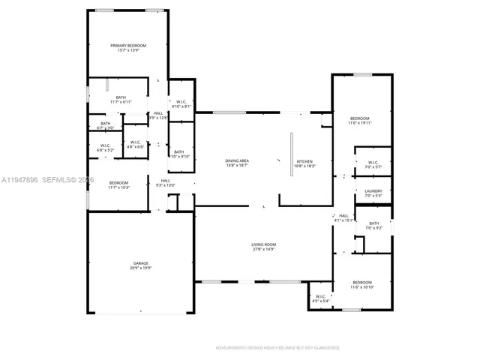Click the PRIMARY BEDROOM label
[x=128, y=46]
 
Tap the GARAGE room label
[x=140, y=262]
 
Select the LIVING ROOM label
[x=263, y=244]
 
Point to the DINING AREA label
[x=237, y=160]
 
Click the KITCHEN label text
[x=305, y=161]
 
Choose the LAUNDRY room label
[x=373, y=191]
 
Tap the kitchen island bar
[x=292, y=154]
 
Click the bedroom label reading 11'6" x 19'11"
[x=360, y=121]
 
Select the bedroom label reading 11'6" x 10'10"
[x=361, y=285]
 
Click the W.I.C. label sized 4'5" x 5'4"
[x=320, y=299]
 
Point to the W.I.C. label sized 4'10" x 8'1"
[x=181, y=106]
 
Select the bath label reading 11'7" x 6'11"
[x=121, y=101]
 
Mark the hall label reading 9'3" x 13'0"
[x=164, y=184]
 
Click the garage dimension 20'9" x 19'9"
[x=140, y=267]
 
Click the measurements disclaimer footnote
[x=277, y=348]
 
